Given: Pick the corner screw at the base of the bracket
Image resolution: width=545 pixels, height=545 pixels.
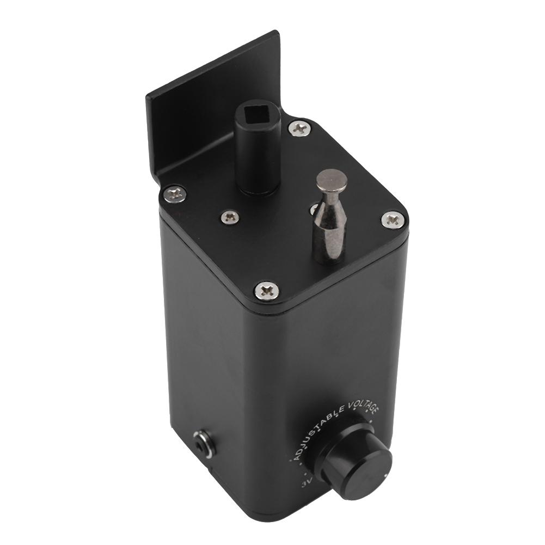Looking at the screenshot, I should [x=175, y=193].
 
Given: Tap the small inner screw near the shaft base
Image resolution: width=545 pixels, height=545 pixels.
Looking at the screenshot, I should [x=230, y=217].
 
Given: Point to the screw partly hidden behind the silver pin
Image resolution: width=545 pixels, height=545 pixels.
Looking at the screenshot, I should [x=314, y=209].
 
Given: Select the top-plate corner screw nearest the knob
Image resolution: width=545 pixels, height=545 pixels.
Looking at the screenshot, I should [x=267, y=291].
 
